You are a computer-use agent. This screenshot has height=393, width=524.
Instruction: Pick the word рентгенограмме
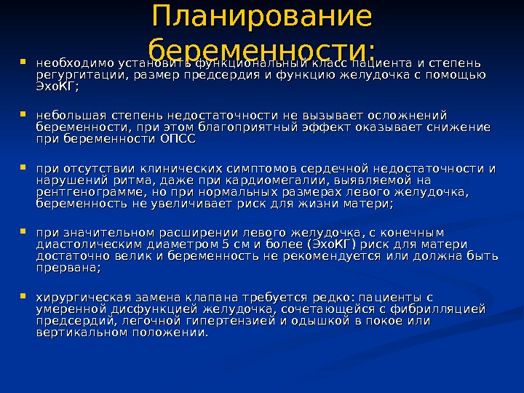(x=82, y=194)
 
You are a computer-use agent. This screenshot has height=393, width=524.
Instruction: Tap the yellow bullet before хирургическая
(x=25, y=296)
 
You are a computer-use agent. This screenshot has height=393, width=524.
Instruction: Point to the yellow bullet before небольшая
(x=25, y=114)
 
